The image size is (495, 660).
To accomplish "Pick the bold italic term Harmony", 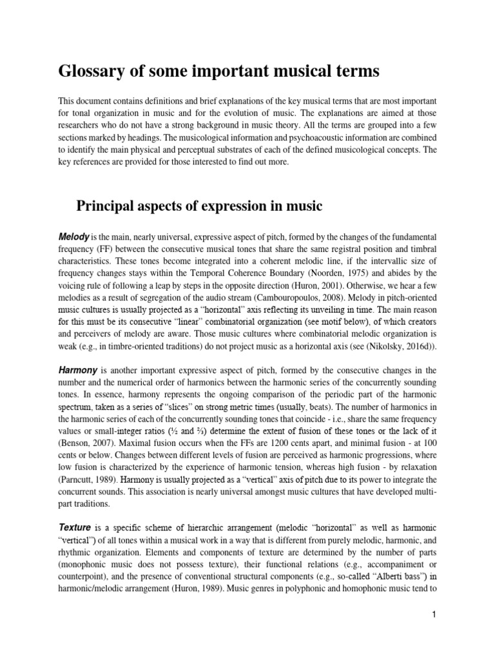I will (x=79, y=371).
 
